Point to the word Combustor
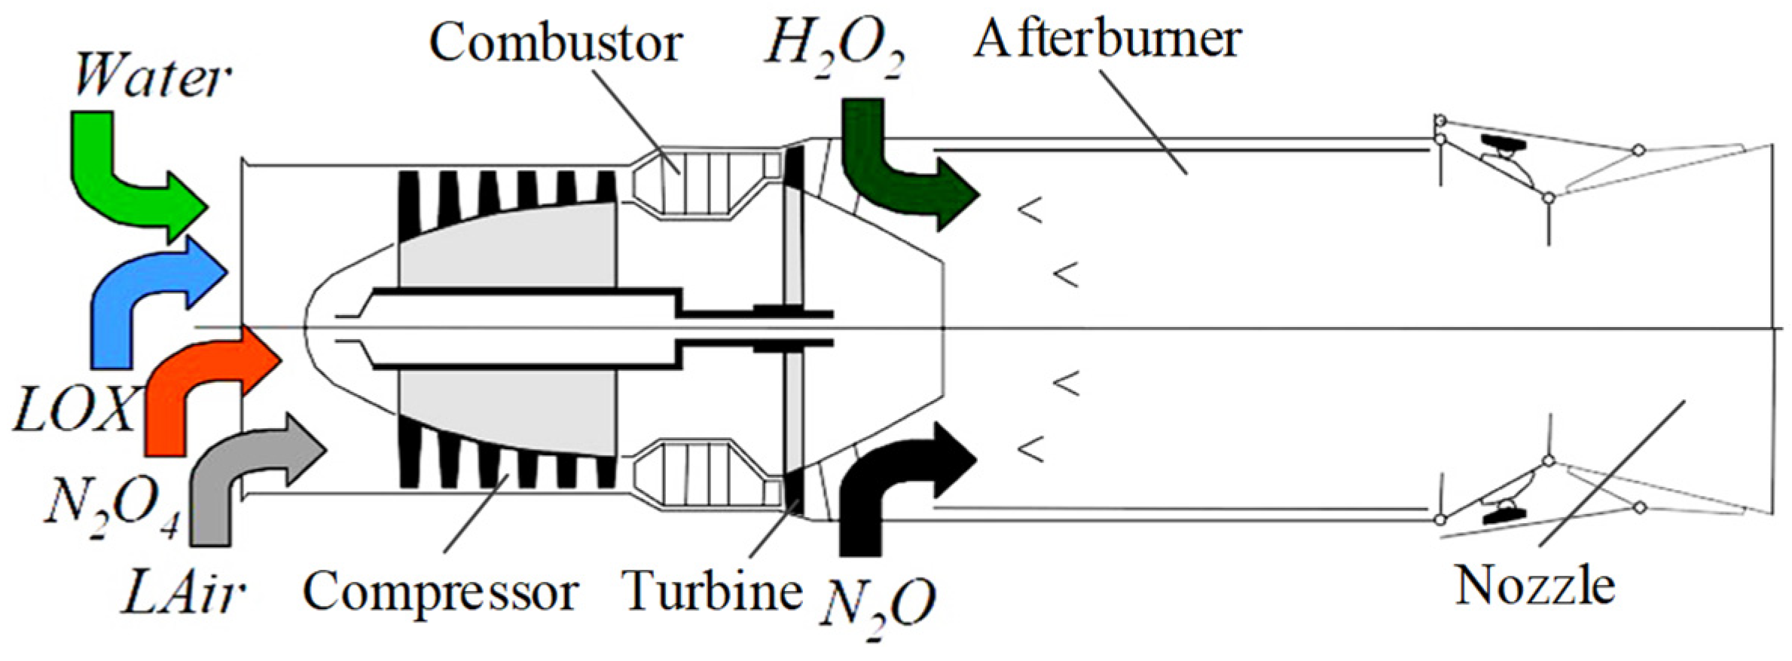point(555,41)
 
